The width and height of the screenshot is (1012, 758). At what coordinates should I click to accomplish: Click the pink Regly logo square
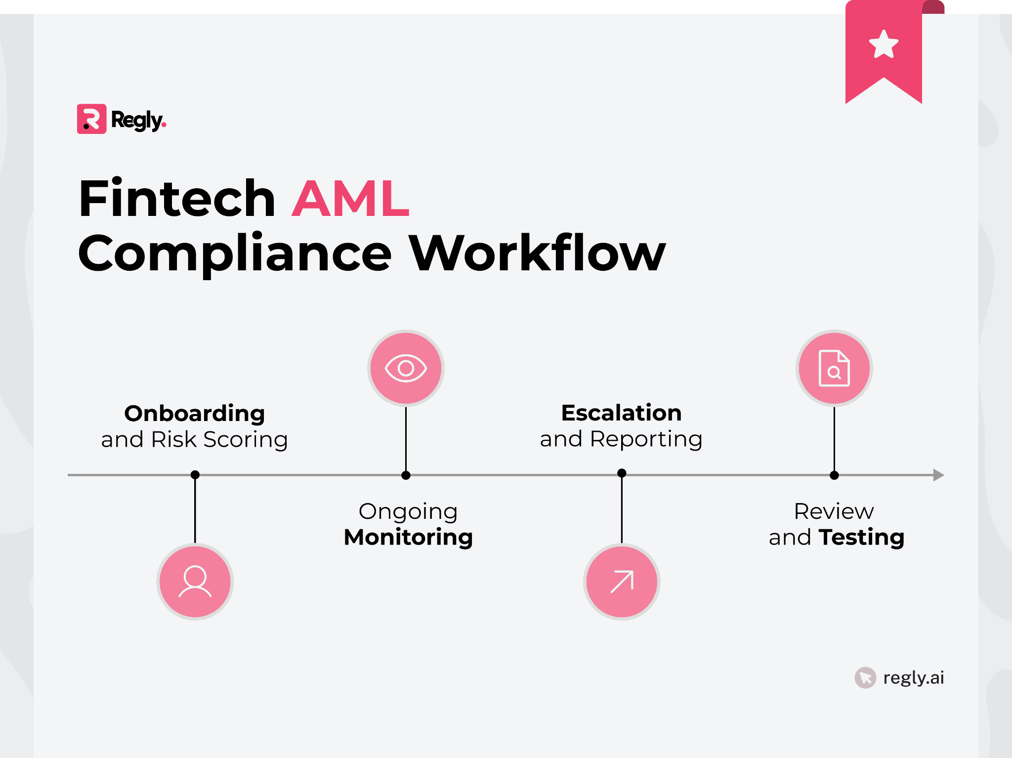click(91, 119)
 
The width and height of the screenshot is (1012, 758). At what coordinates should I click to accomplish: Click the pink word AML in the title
click(350, 199)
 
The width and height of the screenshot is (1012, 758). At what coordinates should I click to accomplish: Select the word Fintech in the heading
click(177, 199)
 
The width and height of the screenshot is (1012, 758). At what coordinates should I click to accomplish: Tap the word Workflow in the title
click(537, 253)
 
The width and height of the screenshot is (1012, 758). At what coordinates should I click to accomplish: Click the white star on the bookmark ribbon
click(884, 44)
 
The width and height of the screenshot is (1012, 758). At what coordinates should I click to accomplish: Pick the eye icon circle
click(406, 368)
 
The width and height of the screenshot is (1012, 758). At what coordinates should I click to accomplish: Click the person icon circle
click(195, 581)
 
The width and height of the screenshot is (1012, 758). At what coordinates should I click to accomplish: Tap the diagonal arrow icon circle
click(622, 581)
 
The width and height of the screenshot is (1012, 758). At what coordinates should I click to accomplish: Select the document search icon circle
click(834, 368)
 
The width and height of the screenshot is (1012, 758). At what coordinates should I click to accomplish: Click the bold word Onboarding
click(195, 413)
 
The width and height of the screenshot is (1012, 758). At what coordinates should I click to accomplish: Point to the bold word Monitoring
click(408, 537)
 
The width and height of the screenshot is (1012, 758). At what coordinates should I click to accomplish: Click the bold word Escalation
click(621, 413)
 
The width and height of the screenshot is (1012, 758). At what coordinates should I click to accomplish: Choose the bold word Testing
click(861, 537)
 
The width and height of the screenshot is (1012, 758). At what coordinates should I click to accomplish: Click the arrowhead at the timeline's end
click(938, 475)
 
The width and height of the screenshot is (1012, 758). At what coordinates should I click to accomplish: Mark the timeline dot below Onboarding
click(195, 475)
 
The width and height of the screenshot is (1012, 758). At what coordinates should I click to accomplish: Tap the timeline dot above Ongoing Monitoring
click(406, 475)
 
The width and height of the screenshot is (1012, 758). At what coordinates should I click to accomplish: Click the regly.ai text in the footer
click(913, 677)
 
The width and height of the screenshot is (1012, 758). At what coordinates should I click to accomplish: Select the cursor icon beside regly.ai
click(865, 677)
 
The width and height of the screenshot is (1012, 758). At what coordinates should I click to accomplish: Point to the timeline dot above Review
click(834, 475)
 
